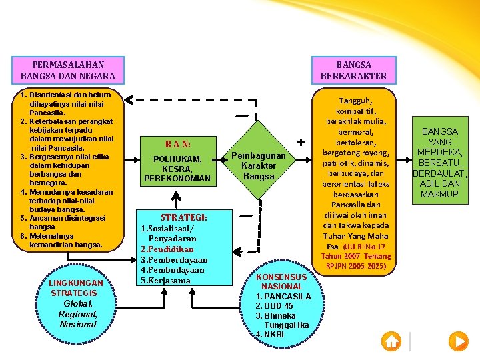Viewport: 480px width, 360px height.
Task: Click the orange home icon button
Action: [391, 341]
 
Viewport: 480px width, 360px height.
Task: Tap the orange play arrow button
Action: [459, 341]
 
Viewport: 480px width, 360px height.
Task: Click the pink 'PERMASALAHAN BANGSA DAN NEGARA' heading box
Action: [68, 70]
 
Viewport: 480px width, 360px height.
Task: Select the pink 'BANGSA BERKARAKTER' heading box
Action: [354, 70]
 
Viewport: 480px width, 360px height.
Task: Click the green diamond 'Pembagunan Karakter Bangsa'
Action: [259, 160]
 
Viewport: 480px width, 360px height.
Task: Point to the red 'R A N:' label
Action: [178, 144]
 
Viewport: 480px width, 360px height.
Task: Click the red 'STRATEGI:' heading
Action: [184, 217]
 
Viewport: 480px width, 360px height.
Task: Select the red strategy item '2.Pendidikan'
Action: [167, 249]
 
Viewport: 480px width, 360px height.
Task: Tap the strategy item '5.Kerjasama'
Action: [165, 281]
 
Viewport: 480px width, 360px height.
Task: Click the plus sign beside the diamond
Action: [301, 143]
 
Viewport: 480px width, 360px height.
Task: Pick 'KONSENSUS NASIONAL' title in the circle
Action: [281, 281]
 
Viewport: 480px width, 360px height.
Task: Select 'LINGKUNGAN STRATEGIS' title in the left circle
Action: [75, 288]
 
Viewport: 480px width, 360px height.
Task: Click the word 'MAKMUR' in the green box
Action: [439, 194]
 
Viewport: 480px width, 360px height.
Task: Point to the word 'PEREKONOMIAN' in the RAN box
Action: [177, 178]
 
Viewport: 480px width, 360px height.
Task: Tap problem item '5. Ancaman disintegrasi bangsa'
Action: [63, 223]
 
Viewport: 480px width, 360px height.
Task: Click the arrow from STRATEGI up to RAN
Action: [176, 200]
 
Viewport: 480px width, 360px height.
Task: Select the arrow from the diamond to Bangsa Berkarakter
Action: [304, 159]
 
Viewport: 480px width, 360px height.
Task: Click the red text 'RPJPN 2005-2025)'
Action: [356, 266]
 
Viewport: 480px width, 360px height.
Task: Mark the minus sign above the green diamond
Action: [242, 116]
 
